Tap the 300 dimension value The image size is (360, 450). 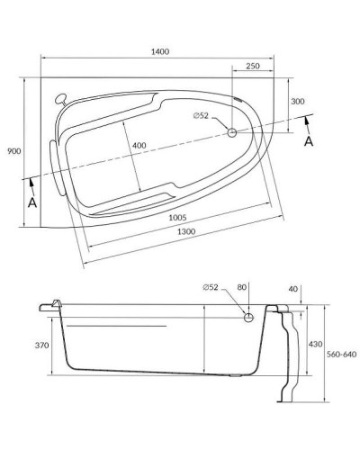299,102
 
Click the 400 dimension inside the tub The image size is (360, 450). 137,145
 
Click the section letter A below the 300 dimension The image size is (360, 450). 310,142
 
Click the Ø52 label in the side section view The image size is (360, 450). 210,288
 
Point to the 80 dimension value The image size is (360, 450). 241,288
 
